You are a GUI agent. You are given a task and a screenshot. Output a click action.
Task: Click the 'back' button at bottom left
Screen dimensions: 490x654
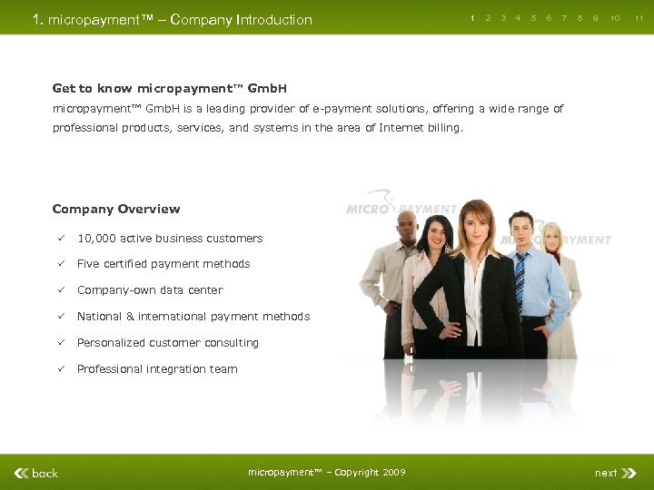[x=36, y=473]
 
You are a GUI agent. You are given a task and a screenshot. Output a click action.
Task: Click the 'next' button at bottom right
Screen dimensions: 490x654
[x=607, y=473]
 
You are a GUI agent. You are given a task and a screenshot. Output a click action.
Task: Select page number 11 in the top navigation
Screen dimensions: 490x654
[x=639, y=18]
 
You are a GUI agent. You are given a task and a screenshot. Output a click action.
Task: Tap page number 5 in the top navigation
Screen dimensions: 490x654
[x=533, y=18]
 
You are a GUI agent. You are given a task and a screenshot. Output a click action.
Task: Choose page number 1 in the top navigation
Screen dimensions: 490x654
[x=472, y=18]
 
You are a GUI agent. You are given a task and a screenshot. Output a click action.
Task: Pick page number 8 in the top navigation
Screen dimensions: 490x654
[x=580, y=18]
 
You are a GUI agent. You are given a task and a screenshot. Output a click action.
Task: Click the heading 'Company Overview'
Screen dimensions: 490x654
[x=116, y=209]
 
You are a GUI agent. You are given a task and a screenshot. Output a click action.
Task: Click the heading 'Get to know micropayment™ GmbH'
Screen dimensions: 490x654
[x=170, y=88]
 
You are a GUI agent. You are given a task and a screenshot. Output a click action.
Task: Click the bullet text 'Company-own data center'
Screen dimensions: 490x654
[x=150, y=290]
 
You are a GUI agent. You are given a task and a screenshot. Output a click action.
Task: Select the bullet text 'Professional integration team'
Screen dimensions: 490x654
[x=157, y=369]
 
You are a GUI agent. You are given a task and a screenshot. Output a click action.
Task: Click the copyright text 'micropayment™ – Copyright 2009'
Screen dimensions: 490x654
[x=327, y=472]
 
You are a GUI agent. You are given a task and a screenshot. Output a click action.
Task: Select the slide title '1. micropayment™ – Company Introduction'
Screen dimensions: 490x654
[x=172, y=19]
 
